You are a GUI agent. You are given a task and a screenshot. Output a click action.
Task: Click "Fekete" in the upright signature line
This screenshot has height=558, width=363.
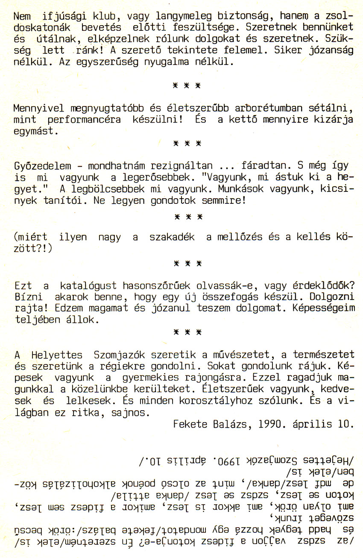[x=190, y=424]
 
